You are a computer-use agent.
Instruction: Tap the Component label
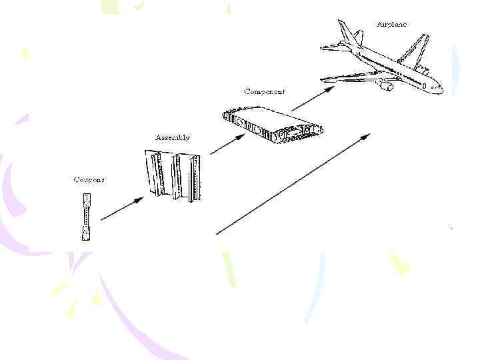(265, 91)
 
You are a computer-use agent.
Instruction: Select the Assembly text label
(173, 137)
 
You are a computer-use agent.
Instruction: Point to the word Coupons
(89, 179)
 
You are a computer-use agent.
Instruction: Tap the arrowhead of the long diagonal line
(367, 135)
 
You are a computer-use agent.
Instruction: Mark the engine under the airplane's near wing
(384, 85)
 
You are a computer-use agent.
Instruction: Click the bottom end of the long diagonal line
(218, 233)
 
